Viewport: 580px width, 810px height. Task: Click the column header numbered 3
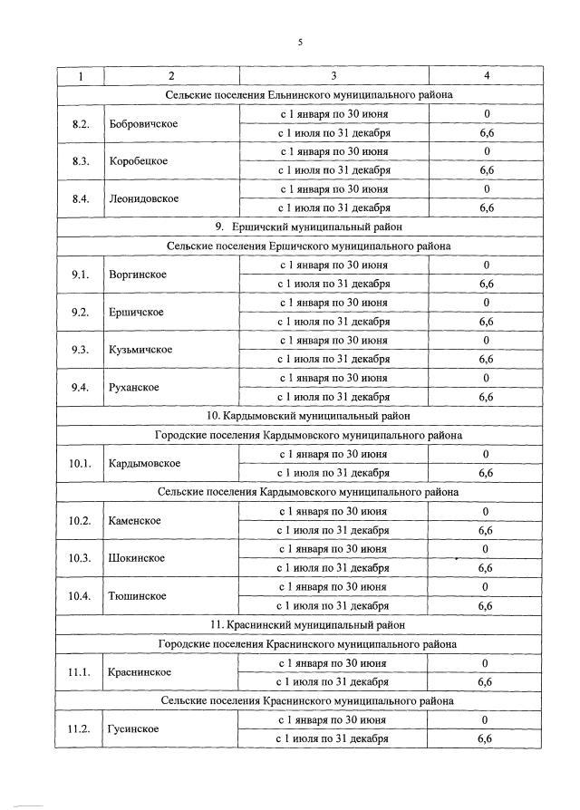pyautogui.click(x=334, y=75)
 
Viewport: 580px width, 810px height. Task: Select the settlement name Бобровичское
pyautogui.click(x=142, y=123)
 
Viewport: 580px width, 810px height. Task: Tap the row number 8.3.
pyautogui.click(x=80, y=161)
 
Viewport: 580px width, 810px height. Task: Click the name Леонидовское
pyautogui.click(x=143, y=198)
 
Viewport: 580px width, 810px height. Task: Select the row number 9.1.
pyautogui.click(x=80, y=275)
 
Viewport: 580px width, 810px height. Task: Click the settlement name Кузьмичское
pyautogui.click(x=140, y=350)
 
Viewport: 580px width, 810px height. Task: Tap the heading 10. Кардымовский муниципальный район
pyautogui.click(x=308, y=416)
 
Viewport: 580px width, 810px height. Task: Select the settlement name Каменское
pyautogui.click(x=135, y=520)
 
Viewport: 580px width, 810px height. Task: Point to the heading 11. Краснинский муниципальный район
pyautogui.click(x=307, y=624)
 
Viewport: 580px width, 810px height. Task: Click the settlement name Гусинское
pyautogui.click(x=133, y=728)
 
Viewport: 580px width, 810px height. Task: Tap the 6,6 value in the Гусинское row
pyautogui.click(x=486, y=738)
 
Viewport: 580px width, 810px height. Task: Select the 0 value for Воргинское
pyautogui.click(x=487, y=265)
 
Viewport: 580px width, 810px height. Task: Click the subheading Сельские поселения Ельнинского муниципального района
pyautogui.click(x=309, y=94)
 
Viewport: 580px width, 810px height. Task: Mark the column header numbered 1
pyautogui.click(x=80, y=75)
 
